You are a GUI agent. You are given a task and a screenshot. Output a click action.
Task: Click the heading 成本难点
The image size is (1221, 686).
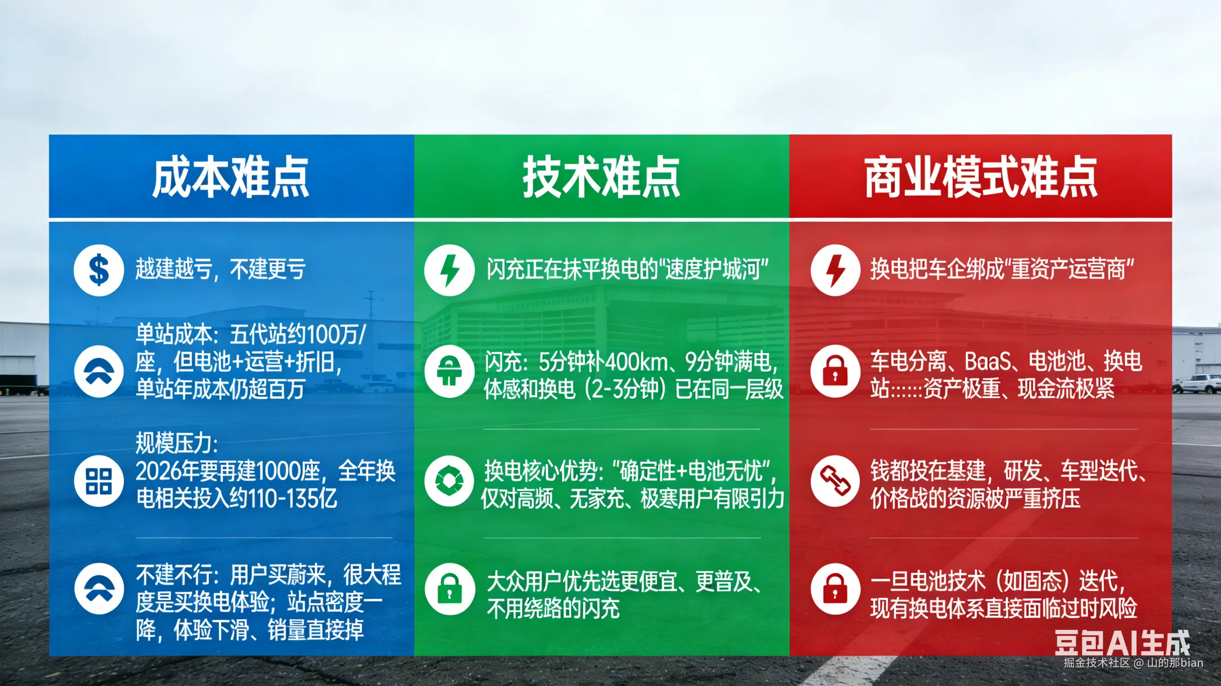click(230, 177)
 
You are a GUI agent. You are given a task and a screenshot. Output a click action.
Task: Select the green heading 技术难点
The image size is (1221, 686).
click(601, 177)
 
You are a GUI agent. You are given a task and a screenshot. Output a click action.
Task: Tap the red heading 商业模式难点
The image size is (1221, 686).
click(980, 177)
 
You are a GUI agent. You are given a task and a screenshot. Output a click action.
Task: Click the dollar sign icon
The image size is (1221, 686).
click(99, 270)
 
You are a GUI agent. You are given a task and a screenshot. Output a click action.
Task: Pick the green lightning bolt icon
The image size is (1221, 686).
click(449, 270)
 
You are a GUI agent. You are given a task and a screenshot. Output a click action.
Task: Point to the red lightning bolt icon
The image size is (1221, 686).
click(835, 270)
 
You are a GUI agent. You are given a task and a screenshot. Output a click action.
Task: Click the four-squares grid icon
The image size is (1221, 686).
click(99, 481)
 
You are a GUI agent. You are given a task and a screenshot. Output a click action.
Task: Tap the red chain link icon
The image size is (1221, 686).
click(835, 481)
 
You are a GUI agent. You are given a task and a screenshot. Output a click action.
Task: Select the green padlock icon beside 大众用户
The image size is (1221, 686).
click(449, 589)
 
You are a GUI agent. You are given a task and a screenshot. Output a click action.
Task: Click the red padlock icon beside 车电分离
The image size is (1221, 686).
click(835, 371)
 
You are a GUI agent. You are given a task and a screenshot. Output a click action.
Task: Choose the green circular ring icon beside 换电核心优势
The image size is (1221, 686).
click(449, 481)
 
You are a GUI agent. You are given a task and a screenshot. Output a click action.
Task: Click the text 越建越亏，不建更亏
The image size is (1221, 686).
click(220, 269)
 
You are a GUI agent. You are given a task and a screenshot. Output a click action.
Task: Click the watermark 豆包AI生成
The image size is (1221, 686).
click(1121, 642)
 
